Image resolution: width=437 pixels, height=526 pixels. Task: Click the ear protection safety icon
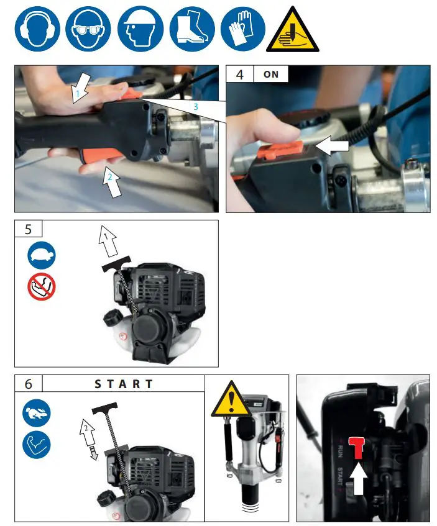[38, 29]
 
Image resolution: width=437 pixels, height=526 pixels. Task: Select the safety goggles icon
[88, 29]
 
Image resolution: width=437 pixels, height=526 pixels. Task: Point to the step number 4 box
[239, 74]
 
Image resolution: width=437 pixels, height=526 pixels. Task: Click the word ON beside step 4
[271, 74]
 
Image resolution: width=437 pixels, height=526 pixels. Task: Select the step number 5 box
[29, 229]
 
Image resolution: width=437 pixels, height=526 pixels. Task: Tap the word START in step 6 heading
[123, 384]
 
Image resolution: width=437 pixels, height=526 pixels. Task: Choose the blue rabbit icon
[37, 413]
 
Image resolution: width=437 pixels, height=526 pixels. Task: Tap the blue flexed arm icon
[37, 445]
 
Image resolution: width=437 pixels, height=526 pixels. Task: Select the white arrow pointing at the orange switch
[334, 147]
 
